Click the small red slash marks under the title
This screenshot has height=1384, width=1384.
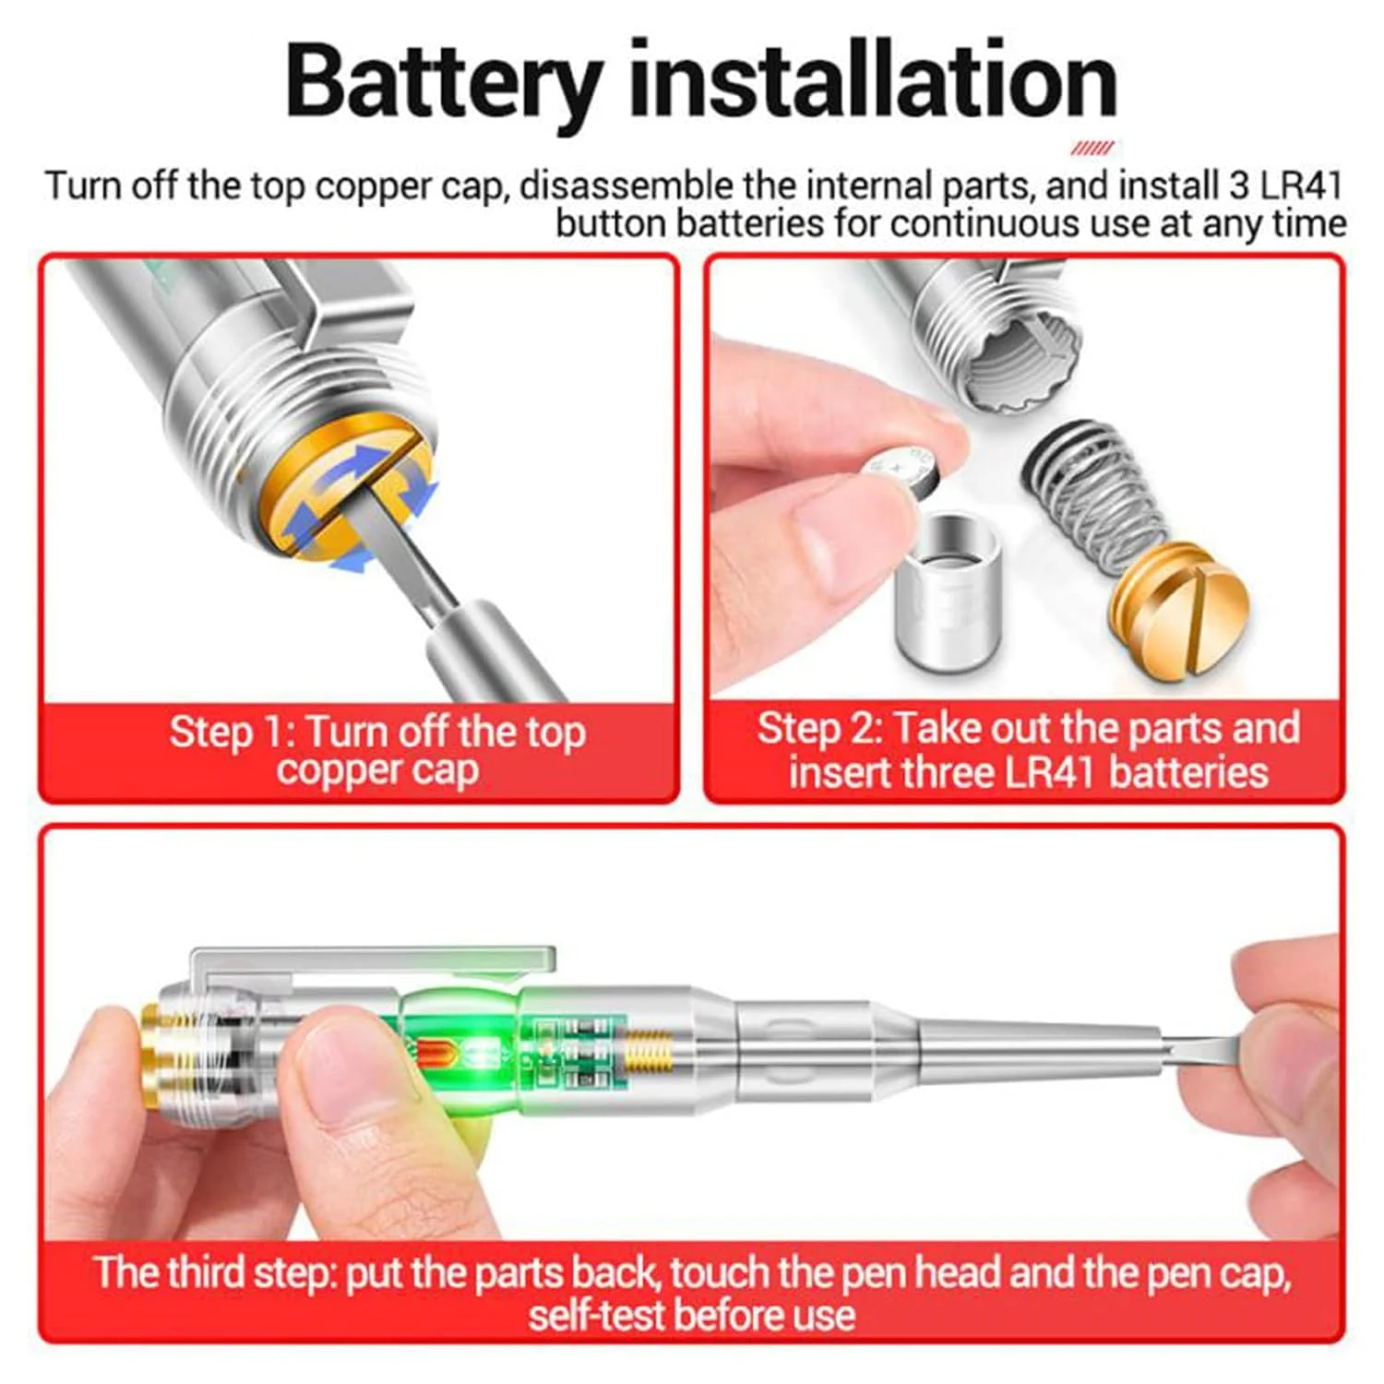[x=1092, y=148]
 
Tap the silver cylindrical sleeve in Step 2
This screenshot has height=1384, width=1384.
[x=948, y=591]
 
